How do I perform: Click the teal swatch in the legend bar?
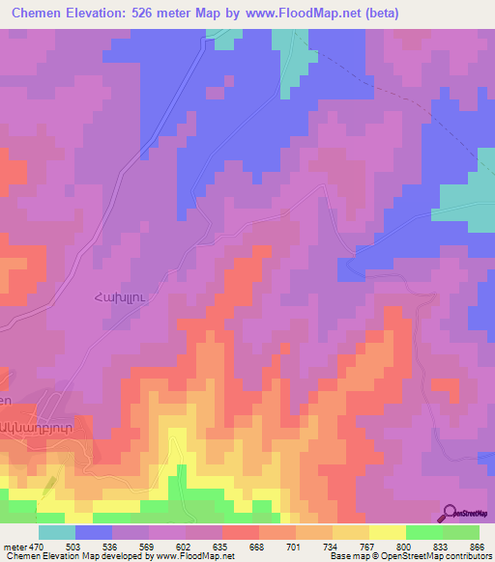pyautogui.click(x=56, y=532)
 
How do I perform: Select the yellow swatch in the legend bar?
pyautogui.click(x=387, y=532)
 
